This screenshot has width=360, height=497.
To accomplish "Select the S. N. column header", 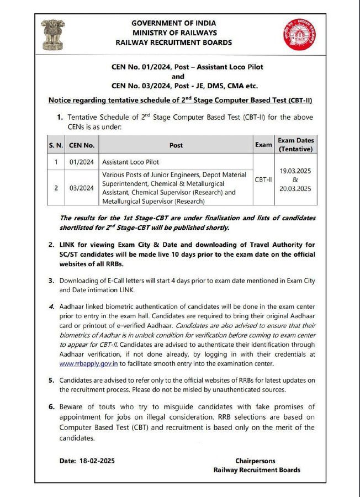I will (x=55, y=145).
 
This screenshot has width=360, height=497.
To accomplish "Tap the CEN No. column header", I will (x=82, y=145).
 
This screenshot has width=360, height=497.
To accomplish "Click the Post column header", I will (x=176, y=145).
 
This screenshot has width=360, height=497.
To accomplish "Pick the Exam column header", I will (x=263, y=145).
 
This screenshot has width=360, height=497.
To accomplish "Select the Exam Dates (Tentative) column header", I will (x=295, y=145).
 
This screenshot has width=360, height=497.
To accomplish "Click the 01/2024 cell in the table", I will (x=82, y=162).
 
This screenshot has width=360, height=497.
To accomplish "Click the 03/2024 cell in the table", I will (x=82, y=188).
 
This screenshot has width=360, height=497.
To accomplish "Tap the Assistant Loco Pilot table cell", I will (x=130, y=162).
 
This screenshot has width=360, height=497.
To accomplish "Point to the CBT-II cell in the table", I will (x=263, y=179).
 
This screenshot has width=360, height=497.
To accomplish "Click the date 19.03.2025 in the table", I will (x=295, y=171).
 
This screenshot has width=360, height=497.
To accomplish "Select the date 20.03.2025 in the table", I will (x=295, y=188).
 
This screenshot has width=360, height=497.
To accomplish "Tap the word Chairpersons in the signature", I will (x=255, y=461).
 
